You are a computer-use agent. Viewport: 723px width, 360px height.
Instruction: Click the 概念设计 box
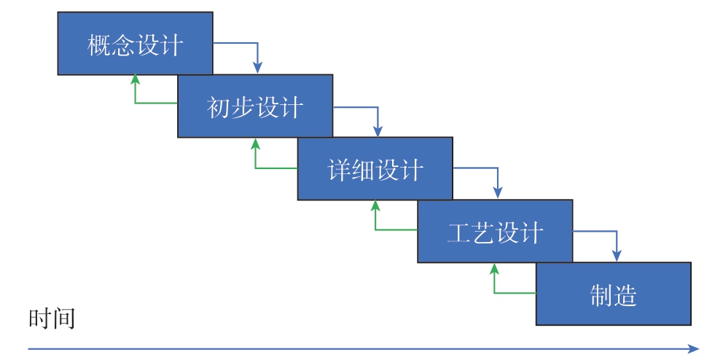pyautogui.click(x=135, y=43)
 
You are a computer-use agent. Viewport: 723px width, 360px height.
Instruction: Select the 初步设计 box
pyautogui.click(x=255, y=106)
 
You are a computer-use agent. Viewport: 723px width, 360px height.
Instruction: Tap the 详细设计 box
pyautogui.click(x=375, y=169)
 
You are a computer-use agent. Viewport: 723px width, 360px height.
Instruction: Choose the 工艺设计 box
pyautogui.click(x=495, y=231)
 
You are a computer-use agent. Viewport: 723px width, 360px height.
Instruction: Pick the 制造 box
pyautogui.click(x=614, y=294)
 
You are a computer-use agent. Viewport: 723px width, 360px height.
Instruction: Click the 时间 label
pyautogui.click(x=52, y=318)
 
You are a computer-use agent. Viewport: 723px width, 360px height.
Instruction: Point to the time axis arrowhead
pyautogui.click(x=694, y=348)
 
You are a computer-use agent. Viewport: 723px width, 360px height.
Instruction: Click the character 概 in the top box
pyautogui.click(x=99, y=46)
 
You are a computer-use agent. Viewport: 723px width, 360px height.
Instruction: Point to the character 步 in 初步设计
pyautogui.click(x=243, y=109)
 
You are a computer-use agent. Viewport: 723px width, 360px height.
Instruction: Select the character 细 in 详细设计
pyautogui.click(x=364, y=171)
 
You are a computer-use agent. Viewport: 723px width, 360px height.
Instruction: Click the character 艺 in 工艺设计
pyautogui.click(x=483, y=232)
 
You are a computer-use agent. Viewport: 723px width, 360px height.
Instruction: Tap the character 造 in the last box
pyautogui.click(x=625, y=296)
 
